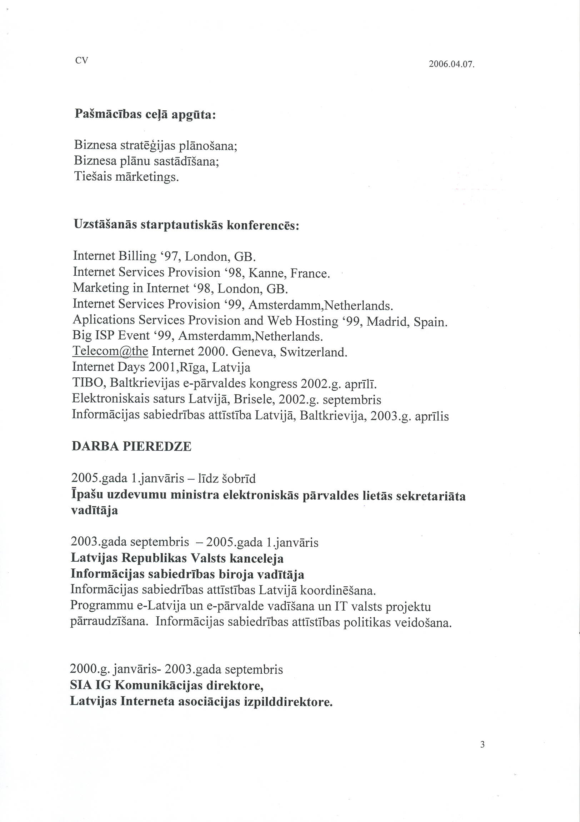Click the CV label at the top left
pyautogui.click(x=82, y=60)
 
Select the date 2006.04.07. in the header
pyautogui.click(x=451, y=64)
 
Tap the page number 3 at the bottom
pyautogui.click(x=482, y=744)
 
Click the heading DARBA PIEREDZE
pyautogui.click(x=132, y=446)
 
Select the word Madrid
pyautogui.click(x=388, y=321)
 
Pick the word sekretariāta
pyautogui.click(x=431, y=496)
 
